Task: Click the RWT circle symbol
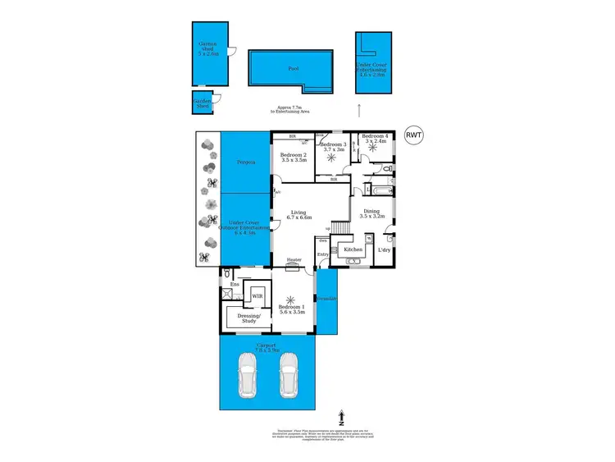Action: (x=414, y=136)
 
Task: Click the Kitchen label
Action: (x=353, y=249)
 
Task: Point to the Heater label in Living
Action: (x=294, y=261)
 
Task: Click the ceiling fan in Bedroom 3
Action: (x=334, y=159)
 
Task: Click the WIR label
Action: (x=257, y=295)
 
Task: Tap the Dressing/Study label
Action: (x=248, y=318)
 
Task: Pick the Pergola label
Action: (x=247, y=162)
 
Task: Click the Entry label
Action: (x=323, y=254)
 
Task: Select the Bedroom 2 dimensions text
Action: (x=293, y=161)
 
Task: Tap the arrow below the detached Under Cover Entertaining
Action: (x=358, y=107)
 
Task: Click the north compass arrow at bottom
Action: (x=341, y=419)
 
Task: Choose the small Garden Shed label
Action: (x=202, y=104)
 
